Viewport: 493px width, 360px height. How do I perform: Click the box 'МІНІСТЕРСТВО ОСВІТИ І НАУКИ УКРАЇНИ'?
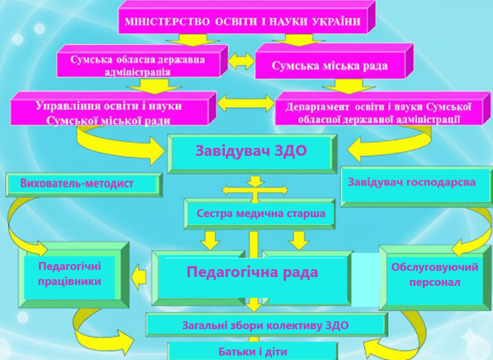coord(243,22)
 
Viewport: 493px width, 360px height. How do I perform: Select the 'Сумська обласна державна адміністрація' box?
coord(137,66)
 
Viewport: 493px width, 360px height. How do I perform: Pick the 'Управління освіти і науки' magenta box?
coord(109,113)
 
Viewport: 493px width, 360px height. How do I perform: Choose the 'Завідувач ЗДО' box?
coord(251,151)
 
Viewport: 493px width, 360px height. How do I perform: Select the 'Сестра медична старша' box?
coord(260,213)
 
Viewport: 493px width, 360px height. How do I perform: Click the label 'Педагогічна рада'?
coord(252,272)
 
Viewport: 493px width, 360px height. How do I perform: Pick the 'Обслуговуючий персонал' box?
coord(434,275)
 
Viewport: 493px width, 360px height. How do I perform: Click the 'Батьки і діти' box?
coord(252,351)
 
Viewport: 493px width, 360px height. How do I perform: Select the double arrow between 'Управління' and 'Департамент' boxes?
coord(246,103)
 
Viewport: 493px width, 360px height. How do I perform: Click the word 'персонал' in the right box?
coord(434,282)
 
